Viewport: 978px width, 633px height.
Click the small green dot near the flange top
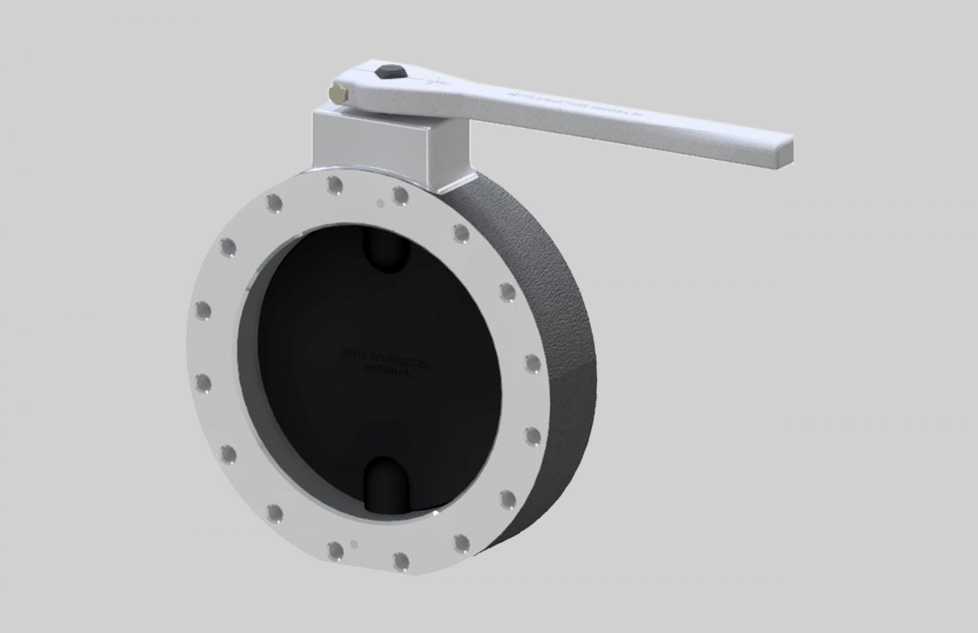pos(379,202)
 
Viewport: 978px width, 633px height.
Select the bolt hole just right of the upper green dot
pos(401,196)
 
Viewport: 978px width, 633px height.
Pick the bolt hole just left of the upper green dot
pos(334,186)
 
